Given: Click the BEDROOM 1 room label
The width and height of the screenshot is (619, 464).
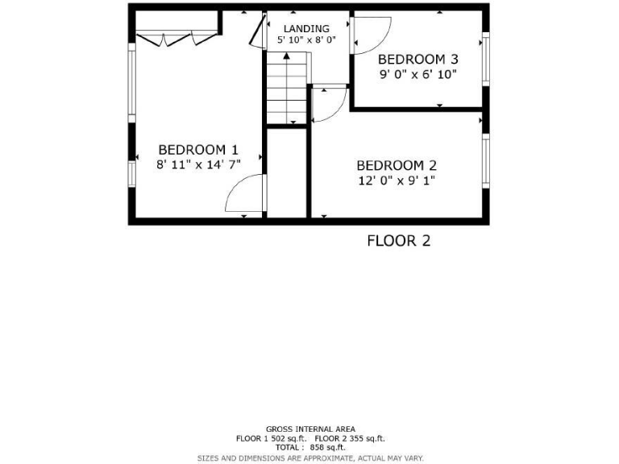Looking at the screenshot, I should click(x=198, y=149).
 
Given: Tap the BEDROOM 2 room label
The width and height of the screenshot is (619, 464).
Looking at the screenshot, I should click(x=397, y=165).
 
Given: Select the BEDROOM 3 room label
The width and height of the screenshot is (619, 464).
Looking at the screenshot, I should click(x=418, y=59).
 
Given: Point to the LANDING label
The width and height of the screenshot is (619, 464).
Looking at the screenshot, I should click(x=306, y=28).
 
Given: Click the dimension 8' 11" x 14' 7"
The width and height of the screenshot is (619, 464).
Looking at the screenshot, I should click(x=198, y=164).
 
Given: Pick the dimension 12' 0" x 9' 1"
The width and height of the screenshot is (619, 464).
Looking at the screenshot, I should click(x=397, y=180).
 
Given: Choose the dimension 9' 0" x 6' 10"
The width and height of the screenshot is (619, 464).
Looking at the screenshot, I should click(x=418, y=75).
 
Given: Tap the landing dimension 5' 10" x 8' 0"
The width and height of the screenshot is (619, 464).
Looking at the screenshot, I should click(x=306, y=39).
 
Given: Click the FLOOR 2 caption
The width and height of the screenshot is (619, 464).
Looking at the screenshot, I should click(x=398, y=240).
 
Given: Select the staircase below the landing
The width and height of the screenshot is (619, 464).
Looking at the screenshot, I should click(x=288, y=87).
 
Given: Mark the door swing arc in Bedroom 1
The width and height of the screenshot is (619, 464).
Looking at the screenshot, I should click(x=243, y=195).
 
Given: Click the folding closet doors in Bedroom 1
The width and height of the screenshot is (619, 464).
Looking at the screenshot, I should click(x=177, y=37).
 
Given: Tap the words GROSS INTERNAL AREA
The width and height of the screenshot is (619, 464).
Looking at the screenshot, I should click(x=310, y=429).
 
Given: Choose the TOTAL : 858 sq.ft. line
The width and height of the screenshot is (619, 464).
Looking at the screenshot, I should click(x=310, y=448).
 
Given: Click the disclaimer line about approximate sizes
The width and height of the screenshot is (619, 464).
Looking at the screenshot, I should click(x=310, y=458).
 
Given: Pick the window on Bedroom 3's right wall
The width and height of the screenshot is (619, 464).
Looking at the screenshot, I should click(x=485, y=59).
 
